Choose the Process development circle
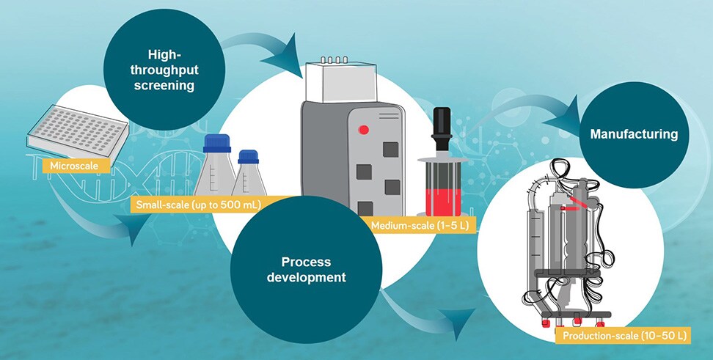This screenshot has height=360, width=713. (x=307, y=269)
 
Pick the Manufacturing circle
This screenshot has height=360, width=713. (x=633, y=134)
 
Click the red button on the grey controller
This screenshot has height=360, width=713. (x=364, y=130)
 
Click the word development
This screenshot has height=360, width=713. (x=307, y=278)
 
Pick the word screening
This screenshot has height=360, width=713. (x=169, y=85)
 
